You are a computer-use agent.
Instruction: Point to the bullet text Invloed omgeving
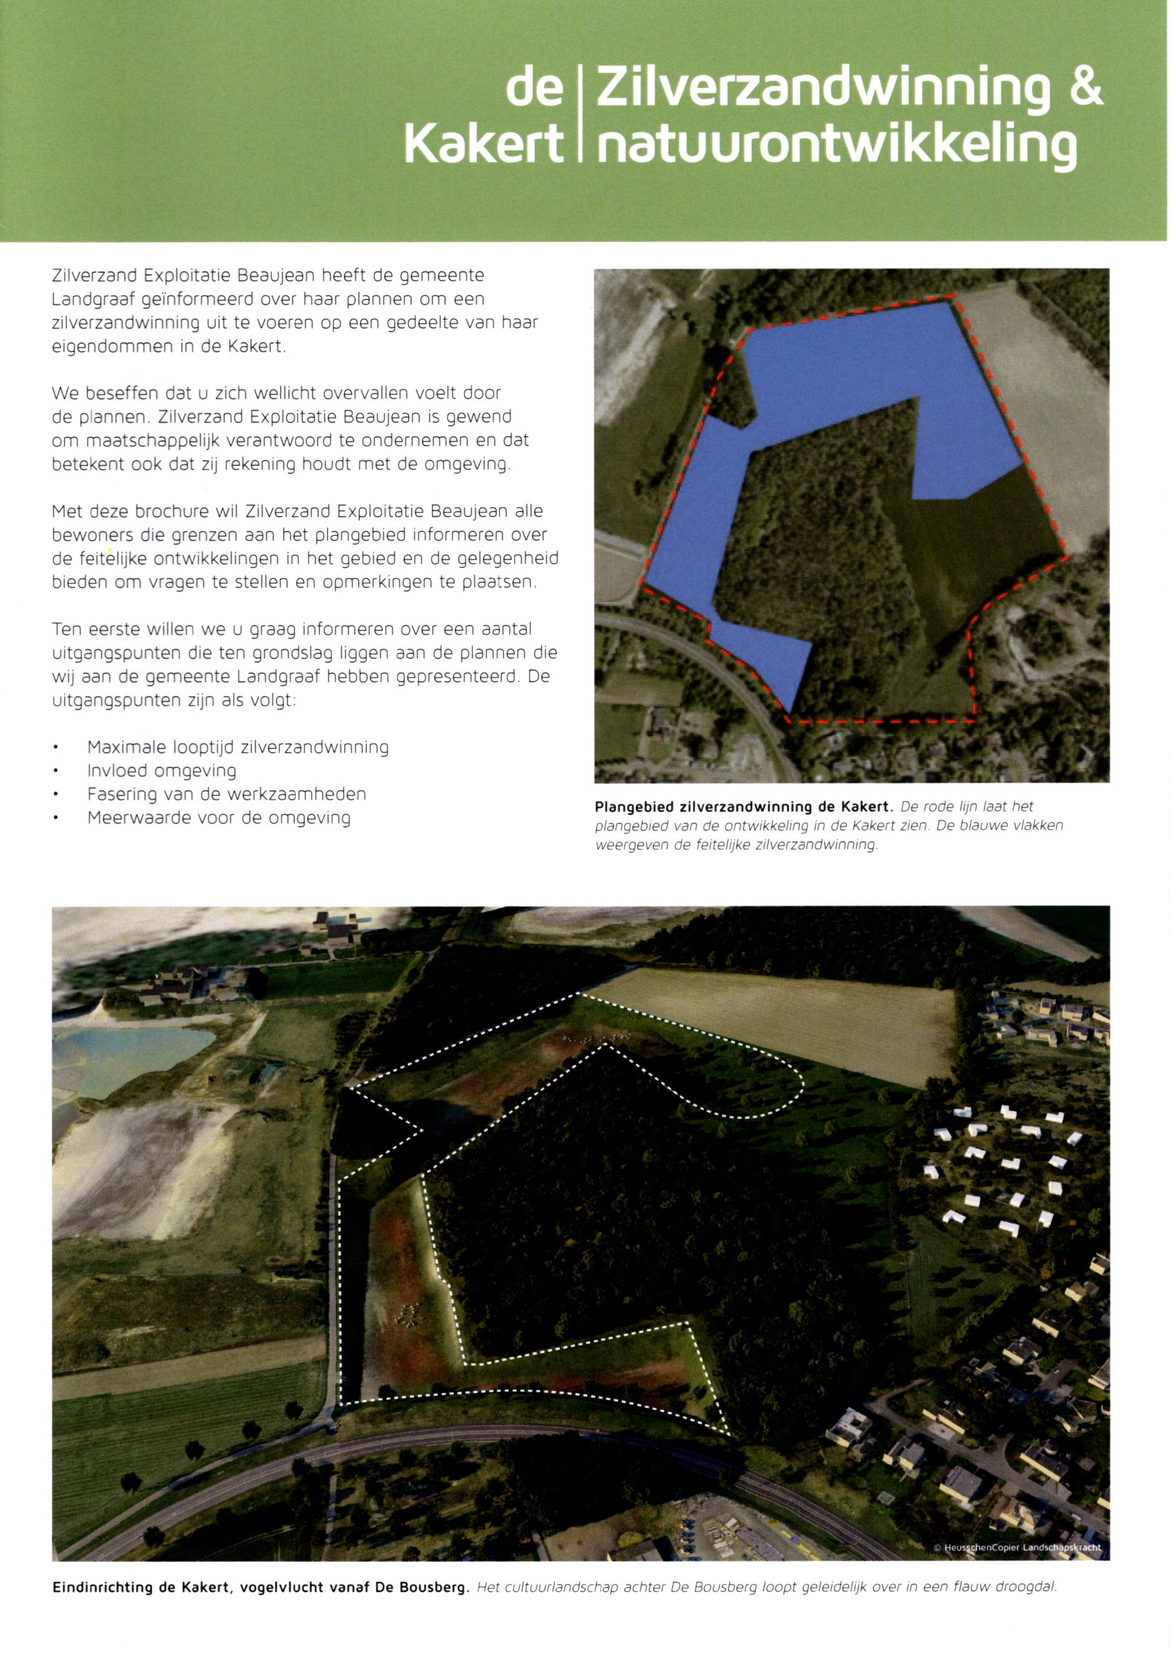[161, 771]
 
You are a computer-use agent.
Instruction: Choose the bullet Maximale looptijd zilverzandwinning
[238, 747]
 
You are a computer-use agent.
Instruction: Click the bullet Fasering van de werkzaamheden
[227, 795]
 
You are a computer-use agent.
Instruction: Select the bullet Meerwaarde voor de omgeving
[219, 819]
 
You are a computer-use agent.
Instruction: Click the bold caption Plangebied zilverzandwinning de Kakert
[743, 806]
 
